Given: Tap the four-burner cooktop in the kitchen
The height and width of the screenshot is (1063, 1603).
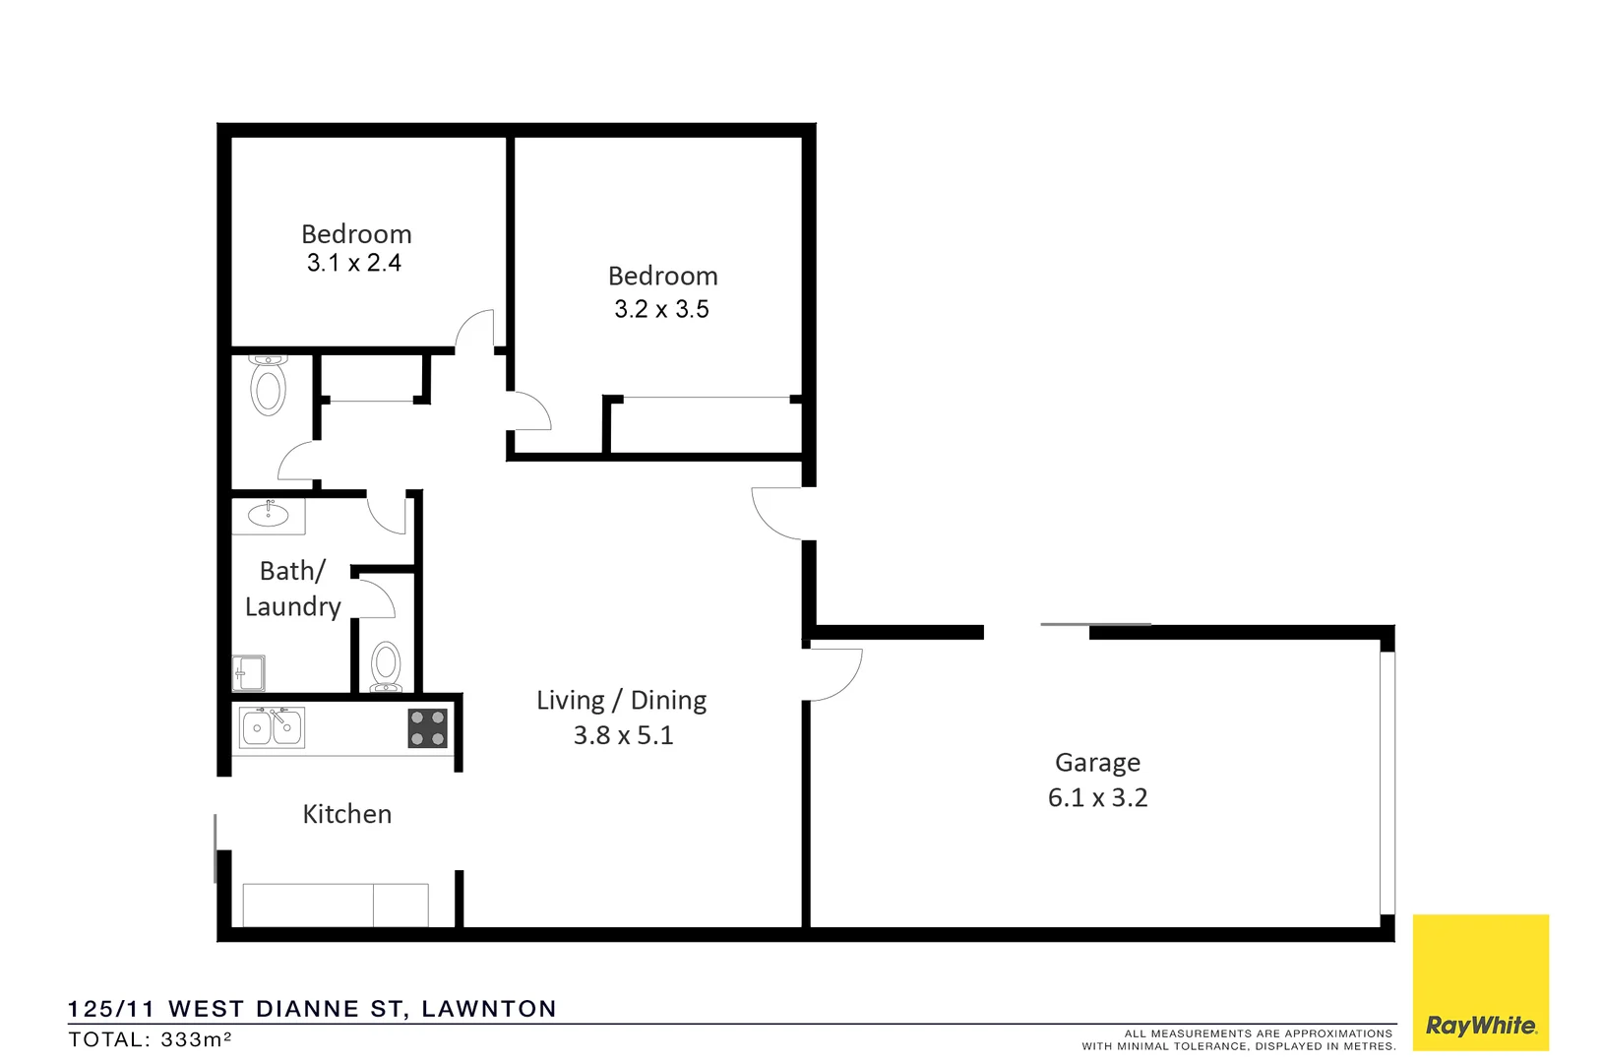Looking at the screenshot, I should pyautogui.click(x=427, y=728).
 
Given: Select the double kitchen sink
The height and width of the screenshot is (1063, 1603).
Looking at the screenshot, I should pyautogui.click(x=272, y=727).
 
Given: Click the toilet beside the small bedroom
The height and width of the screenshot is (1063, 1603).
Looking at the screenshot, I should pyautogui.click(x=268, y=386).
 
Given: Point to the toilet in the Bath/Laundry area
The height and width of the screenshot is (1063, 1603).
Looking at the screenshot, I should pyautogui.click(x=386, y=667).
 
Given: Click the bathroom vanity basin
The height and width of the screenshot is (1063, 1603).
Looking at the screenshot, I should pyautogui.click(x=268, y=515).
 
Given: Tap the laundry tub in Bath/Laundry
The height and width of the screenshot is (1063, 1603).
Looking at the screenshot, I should pyautogui.click(x=249, y=673).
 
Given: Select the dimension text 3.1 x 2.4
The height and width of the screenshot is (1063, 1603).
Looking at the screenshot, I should pyautogui.click(x=353, y=263).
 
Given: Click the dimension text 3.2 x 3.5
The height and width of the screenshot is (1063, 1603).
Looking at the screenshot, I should pyautogui.click(x=661, y=309).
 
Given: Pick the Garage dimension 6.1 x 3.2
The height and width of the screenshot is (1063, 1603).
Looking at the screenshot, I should pyautogui.click(x=1097, y=797).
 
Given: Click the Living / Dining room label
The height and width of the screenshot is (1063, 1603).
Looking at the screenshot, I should pyautogui.click(x=621, y=701).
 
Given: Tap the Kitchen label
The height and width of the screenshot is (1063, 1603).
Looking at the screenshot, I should pyautogui.click(x=346, y=814).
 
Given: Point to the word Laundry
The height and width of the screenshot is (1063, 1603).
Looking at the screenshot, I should pyautogui.click(x=292, y=607).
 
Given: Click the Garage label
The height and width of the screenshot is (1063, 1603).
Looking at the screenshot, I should pyautogui.click(x=1097, y=763).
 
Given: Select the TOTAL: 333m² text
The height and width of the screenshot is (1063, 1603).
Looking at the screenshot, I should pyautogui.click(x=150, y=1039).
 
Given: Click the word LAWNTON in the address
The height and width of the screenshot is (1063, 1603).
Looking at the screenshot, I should pyautogui.click(x=489, y=1009).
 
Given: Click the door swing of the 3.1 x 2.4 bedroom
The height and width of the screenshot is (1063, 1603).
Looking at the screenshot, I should pyautogui.click(x=475, y=330).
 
